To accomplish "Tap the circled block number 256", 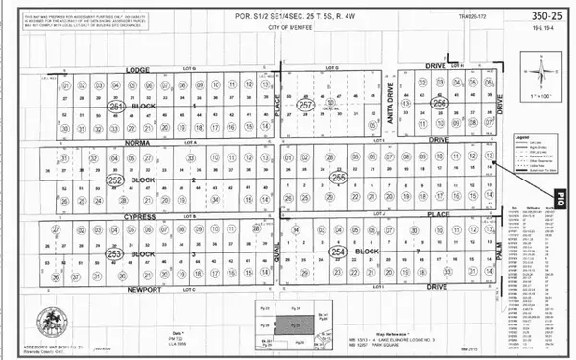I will [440, 103].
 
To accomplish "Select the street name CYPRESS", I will [139, 217].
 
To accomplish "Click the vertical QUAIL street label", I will [276, 252].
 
